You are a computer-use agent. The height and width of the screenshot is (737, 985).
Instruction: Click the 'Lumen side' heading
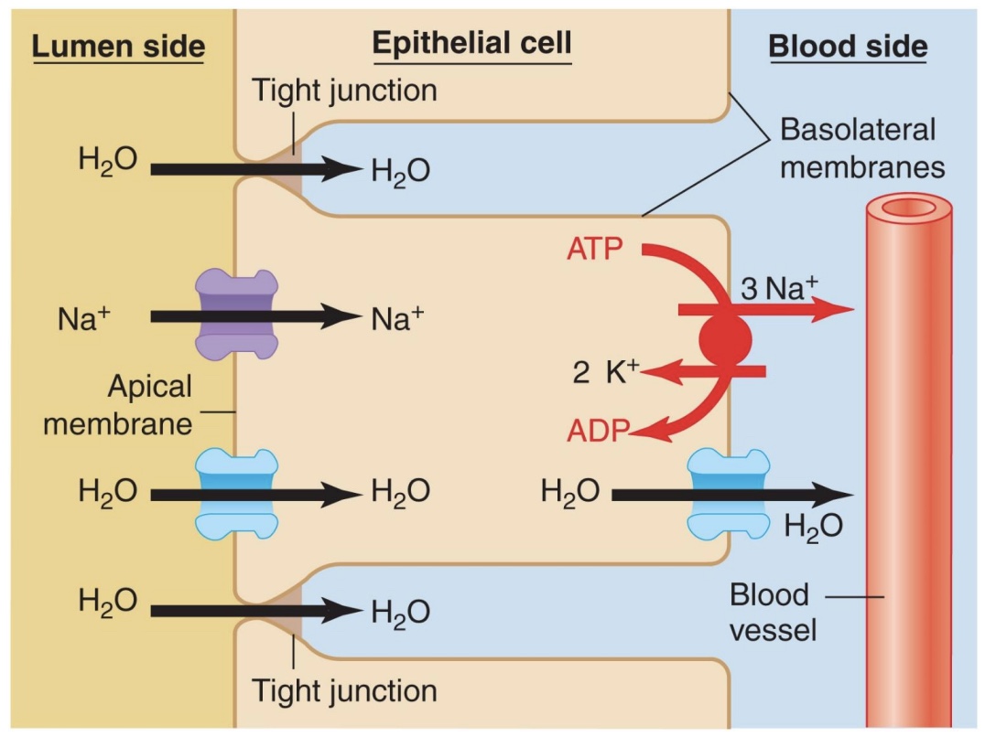(x=118, y=48)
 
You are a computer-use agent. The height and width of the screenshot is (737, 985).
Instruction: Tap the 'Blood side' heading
(x=848, y=48)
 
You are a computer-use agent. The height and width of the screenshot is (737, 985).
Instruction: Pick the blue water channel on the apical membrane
(x=237, y=493)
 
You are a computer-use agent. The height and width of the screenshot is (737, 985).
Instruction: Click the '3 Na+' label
(x=778, y=289)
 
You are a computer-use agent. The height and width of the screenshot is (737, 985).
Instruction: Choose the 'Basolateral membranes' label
(x=861, y=148)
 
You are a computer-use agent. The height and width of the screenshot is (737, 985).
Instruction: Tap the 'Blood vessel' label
(x=769, y=613)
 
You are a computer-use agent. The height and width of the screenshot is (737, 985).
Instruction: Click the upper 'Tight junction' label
(x=343, y=90)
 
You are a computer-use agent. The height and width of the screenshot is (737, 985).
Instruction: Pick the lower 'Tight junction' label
(x=343, y=689)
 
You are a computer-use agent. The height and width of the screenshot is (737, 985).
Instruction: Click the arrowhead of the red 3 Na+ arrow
(x=838, y=311)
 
